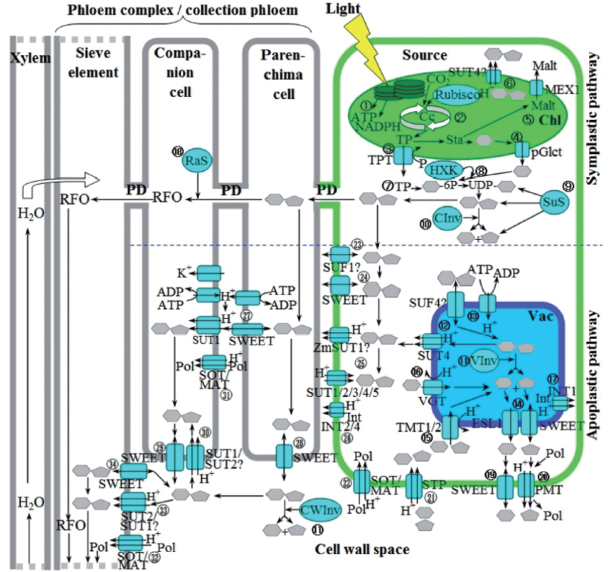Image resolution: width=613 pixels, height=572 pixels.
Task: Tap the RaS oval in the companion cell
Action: click(196, 159)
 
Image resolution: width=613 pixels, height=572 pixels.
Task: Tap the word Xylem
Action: click(24, 58)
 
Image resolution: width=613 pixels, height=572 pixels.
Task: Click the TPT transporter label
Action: click(380, 159)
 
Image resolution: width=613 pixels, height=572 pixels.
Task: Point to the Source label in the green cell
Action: click(424, 54)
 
